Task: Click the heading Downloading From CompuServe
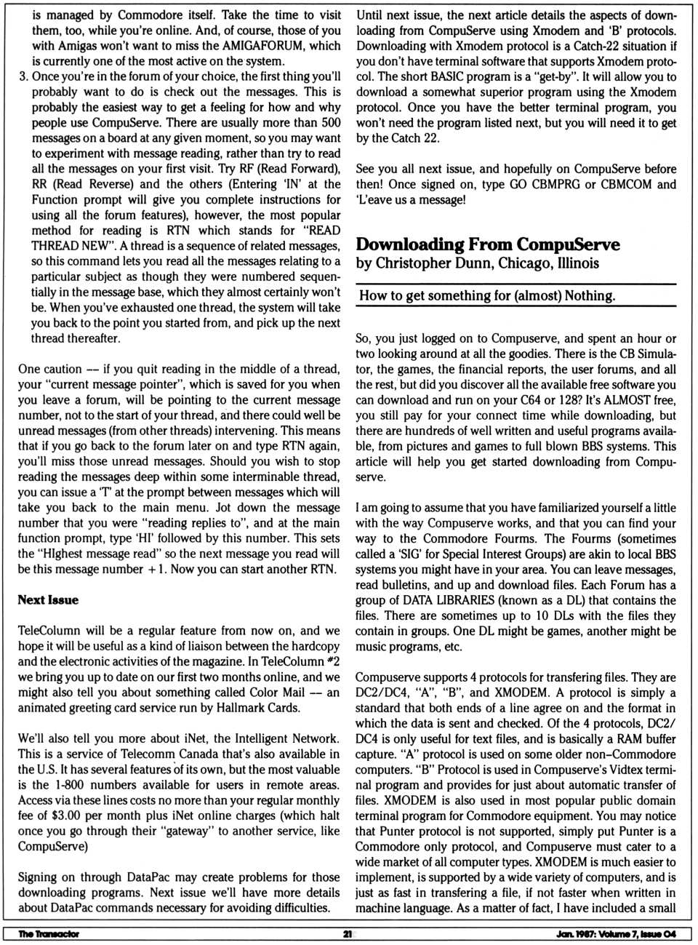pos(488,244)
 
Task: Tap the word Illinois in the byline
pos(578,263)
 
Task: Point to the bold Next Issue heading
pos(48,600)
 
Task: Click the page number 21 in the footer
pos(348,934)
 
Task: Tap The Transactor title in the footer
pos(49,934)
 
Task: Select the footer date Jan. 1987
pos(575,934)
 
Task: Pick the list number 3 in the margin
pos(23,76)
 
